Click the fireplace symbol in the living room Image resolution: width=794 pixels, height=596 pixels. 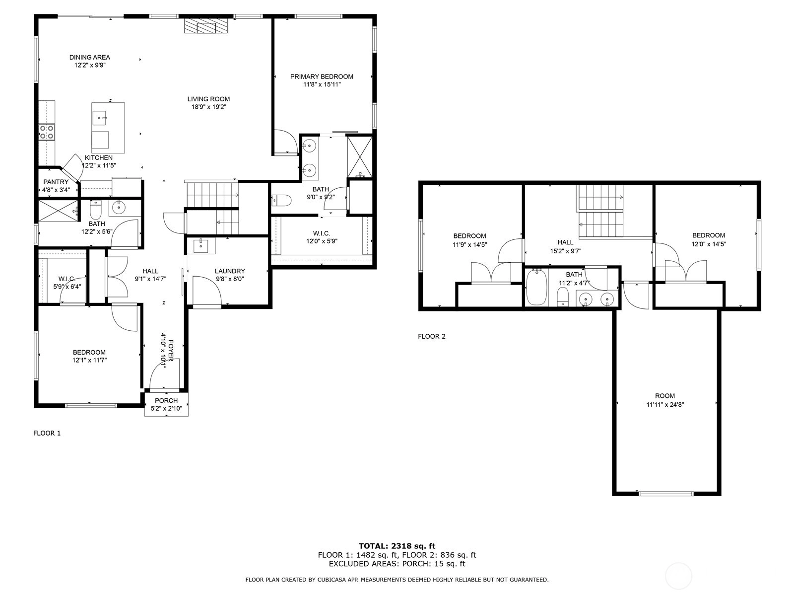[206, 26]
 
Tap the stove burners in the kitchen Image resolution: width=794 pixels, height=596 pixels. [47, 132]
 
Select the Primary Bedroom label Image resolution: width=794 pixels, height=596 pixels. [322, 76]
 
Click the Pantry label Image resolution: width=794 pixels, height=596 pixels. [56, 182]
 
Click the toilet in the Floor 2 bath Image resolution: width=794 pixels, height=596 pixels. [562, 297]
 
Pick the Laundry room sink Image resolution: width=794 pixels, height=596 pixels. [200, 246]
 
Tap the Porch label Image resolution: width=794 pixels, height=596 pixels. [166, 401]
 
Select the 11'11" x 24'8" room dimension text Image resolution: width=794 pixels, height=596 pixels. [665, 405]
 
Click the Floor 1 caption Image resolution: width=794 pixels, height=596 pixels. [47, 433]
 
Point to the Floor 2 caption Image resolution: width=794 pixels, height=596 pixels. [432, 336]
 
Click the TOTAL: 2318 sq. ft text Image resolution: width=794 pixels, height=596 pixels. [397, 546]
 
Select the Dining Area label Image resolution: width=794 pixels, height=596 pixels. [90, 57]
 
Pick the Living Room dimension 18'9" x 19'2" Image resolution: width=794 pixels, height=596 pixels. [209, 107]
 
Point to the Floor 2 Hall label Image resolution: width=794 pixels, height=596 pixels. [565, 242]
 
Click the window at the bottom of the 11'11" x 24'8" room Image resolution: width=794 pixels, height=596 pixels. [666, 493]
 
